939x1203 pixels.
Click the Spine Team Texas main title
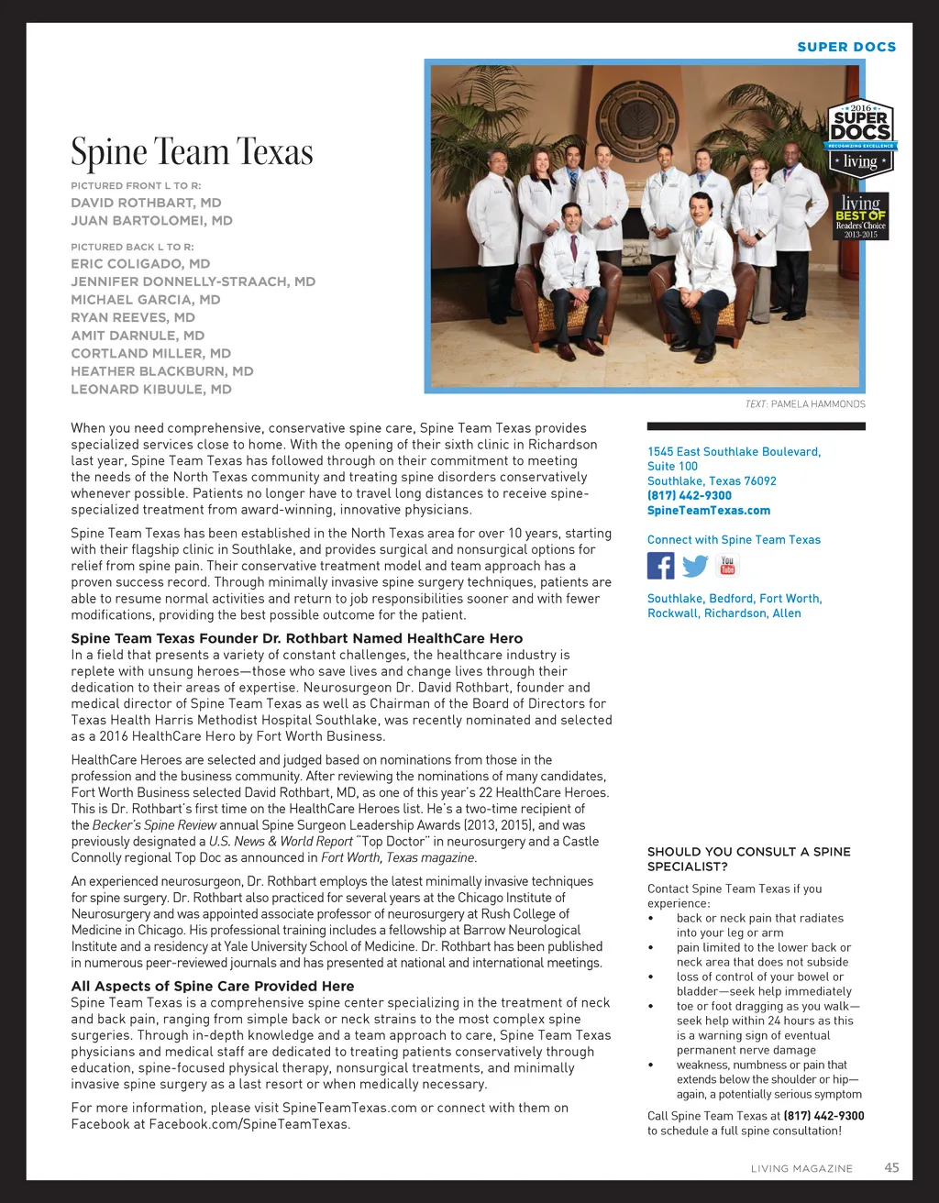point(192,152)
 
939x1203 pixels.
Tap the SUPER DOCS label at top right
point(846,47)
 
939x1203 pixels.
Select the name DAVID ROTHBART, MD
point(146,203)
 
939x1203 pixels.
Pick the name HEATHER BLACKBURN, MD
point(162,371)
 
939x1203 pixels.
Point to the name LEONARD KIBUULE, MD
point(151,390)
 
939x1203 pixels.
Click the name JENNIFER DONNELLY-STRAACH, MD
point(193,281)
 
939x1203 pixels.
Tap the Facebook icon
point(660,566)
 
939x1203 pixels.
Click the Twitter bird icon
point(695,566)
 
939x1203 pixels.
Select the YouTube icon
point(727,565)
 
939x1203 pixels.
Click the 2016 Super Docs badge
point(860,138)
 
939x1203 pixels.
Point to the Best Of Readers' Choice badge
point(861,216)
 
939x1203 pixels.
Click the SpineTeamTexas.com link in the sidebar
point(708,511)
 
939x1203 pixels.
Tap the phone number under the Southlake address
point(690,496)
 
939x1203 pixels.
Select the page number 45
point(891,1167)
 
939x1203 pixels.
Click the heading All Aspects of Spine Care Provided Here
point(213,987)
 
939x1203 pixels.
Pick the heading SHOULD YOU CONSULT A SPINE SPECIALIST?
point(748,859)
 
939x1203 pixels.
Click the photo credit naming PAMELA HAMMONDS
point(804,404)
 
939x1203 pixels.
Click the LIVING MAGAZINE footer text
point(801,1168)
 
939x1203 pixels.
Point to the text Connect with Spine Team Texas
point(734,540)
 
